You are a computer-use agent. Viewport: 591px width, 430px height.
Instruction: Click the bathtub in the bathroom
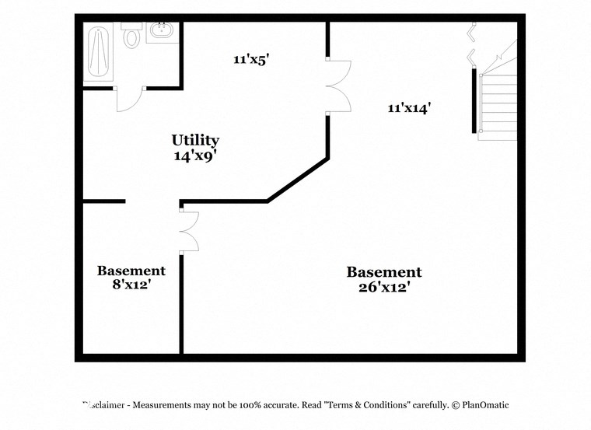(x=99, y=52)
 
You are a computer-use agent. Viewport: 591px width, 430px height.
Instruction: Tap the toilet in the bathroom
(x=131, y=36)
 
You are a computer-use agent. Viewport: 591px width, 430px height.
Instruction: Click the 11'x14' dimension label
(x=409, y=109)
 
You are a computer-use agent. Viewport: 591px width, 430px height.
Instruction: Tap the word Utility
(x=195, y=141)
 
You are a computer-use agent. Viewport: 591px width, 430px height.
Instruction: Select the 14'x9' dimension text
(x=195, y=156)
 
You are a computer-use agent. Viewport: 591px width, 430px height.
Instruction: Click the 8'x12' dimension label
(x=131, y=285)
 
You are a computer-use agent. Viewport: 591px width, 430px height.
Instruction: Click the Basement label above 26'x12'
(x=384, y=272)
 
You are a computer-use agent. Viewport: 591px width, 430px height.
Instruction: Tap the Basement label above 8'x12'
(x=131, y=271)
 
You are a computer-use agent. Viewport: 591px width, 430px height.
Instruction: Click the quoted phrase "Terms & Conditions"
(x=369, y=405)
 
